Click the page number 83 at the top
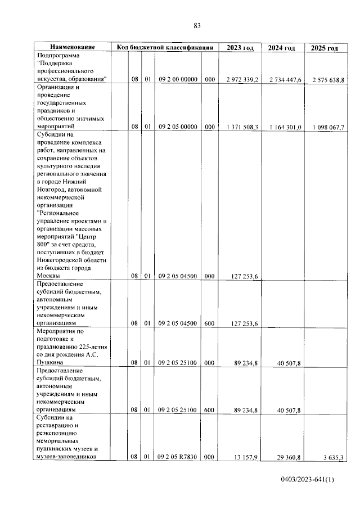197,25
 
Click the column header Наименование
72,48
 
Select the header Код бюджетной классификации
165,48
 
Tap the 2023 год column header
240,48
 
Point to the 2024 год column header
282,48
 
